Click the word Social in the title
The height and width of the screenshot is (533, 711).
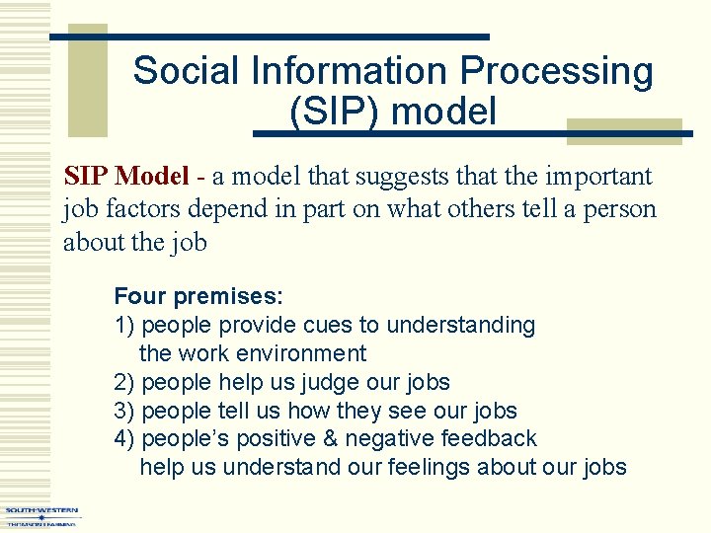(187, 71)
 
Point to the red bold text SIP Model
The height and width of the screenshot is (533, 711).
(125, 177)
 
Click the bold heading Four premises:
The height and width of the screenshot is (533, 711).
(198, 296)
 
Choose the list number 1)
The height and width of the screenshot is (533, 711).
(124, 325)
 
